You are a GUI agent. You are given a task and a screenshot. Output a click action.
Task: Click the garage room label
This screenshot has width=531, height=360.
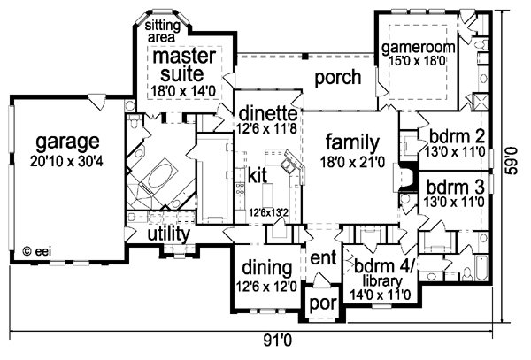pyautogui.click(x=68, y=142)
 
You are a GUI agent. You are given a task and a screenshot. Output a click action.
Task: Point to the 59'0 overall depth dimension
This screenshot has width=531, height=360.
pyautogui.click(x=512, y=161)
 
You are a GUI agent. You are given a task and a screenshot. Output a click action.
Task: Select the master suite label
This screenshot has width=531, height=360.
pyautogui.click(x=184, y=65)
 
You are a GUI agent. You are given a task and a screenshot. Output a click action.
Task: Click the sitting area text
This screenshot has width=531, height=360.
pyautogui.click(x=163, y=30)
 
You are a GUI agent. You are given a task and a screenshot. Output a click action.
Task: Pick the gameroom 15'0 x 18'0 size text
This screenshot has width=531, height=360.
pyautogui.click(x=417, y=61)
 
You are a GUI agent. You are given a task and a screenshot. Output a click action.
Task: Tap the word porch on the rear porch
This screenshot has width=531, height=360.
pyautogui.click(x=338, y=78)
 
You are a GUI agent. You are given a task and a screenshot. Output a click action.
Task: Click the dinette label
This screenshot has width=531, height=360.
pyautogui.click(x=268, y=113)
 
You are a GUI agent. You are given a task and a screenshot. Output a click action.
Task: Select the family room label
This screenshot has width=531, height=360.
pyautogui.click(x=352, y=143)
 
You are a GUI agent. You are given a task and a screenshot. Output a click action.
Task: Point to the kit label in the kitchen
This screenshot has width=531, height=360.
pyautogui.click(x=258, y=175)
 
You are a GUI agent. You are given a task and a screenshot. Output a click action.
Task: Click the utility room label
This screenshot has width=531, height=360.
pyautogui.click(x=169, y=234)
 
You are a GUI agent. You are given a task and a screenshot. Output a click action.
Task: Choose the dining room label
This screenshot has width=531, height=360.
pyautogui.click(x=267, y=268)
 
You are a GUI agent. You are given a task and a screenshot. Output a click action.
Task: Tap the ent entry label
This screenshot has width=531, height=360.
pyautogui.click(x=323, y=257)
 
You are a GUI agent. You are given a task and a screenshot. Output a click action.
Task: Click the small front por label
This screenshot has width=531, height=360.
pyautogui.click(x=323, y=303)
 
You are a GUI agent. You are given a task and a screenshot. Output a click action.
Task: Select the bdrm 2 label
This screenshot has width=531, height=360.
pyautogui.click(x=457, y=137)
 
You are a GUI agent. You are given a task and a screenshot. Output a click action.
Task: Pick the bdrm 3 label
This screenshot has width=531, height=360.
pyautogui.click(x=455, y=188)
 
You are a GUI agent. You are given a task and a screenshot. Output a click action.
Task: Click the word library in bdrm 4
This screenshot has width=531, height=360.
pyautogui.click(x=382, y=280)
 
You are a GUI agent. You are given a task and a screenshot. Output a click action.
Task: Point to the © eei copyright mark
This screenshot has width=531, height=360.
pyautogui.click(x=37, y=251)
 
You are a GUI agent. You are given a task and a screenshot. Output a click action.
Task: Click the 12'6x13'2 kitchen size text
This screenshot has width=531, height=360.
pyautogui.click(x=268, y=212)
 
